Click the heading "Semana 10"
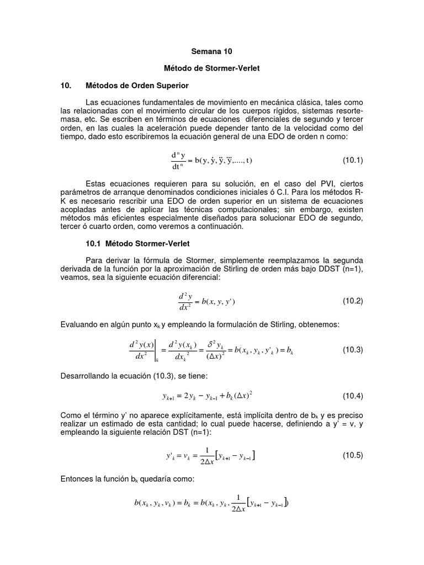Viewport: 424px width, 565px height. [212, 51]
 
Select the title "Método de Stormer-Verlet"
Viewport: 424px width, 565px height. [212, 68]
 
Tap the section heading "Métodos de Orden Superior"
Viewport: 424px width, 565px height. [137, 86]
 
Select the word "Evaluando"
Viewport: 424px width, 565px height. [79, 324]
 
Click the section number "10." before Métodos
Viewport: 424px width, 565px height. [66, 86]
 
